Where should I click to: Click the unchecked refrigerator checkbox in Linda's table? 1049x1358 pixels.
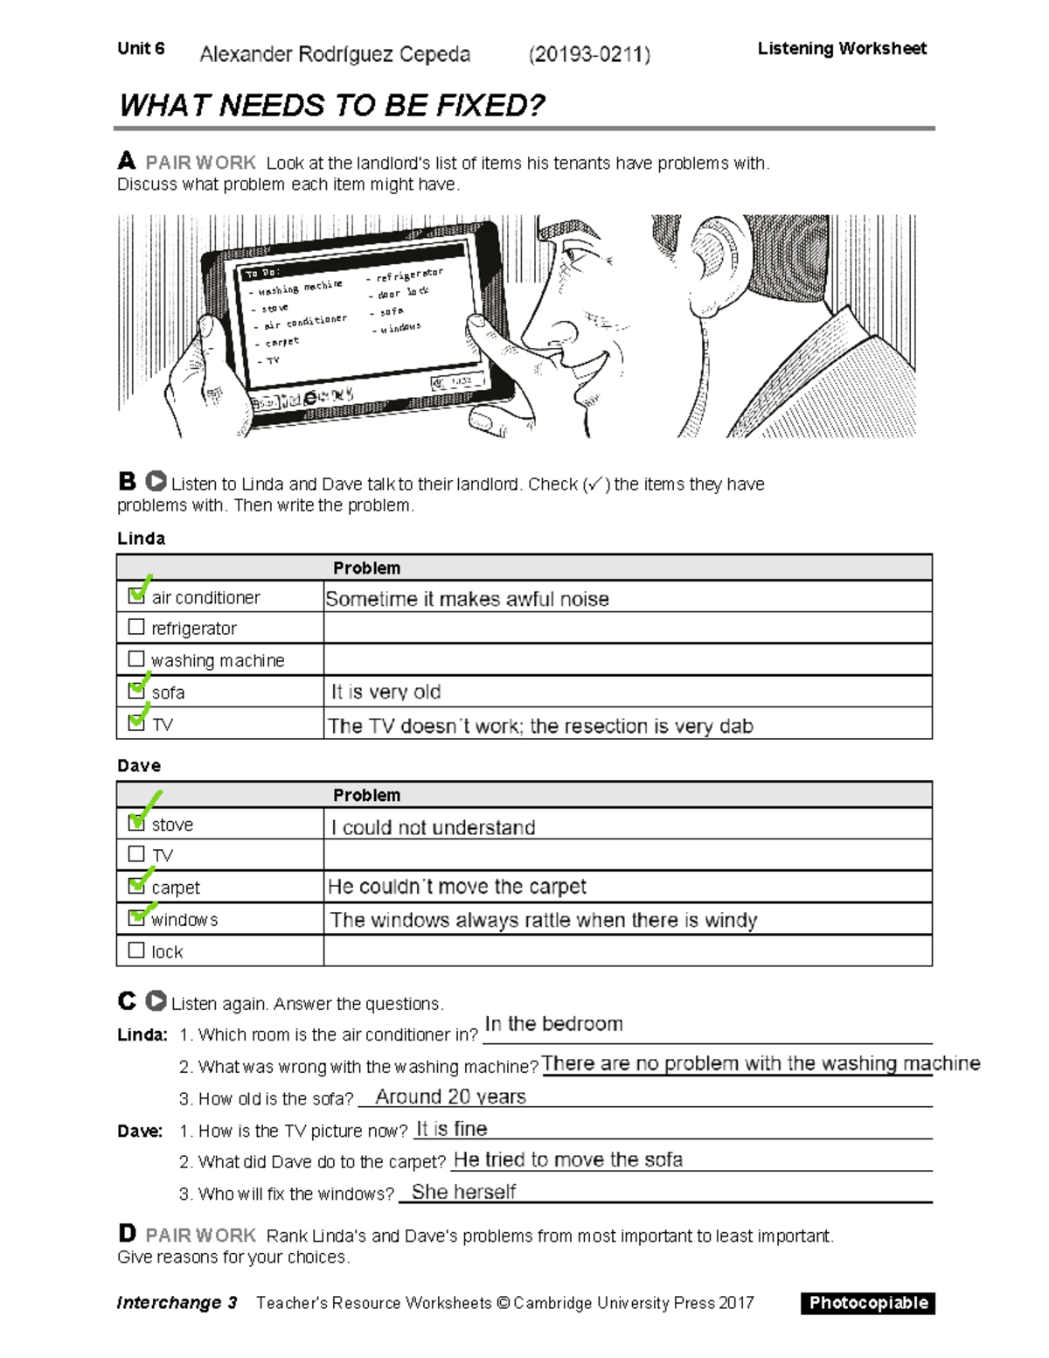pyautogui.click(x=135, y=627)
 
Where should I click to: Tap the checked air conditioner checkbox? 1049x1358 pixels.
pyautogui.click(x=136, y=595)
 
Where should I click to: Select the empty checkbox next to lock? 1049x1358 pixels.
pyautogui.click(x=135, y=950)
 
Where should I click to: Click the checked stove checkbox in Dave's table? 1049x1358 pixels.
pyautogui.click(x=136, y=823)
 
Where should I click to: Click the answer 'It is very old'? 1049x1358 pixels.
pyautogui.click(x=386, y=692)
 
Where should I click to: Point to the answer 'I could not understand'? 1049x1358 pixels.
pyautogui.click(x=433, y=827)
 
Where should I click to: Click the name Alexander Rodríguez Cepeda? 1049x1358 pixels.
pyautogui.click(x=335, y=54)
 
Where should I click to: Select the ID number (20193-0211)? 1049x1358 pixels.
pyautogui.click(x=589, y=55)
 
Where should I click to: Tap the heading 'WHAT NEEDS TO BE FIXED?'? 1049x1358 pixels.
pyautogui.click(x=331, y=106)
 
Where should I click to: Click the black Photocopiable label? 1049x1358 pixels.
pyautogui.click(x=867, y=1303)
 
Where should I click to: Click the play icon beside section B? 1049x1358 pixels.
pyautogui.click(x=156, y=481)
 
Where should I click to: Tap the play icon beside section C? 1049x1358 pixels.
pyautogui.click(x=156, y=1000)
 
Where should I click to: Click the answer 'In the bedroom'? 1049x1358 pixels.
pyautogui.click(x=553, y=1024)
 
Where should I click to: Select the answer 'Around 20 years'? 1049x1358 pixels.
pyautogui.click(x=450, y=1097)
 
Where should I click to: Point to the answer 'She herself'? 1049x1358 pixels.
pyautogui.click(x=463, y=1192)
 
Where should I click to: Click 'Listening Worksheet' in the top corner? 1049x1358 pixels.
pyautogui.click(x=841, y=49)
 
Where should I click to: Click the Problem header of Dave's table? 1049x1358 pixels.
pyautogui.click(x=366, y=795)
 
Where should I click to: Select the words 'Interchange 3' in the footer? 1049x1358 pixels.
pyautogui.click(x=177, y=1303)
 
